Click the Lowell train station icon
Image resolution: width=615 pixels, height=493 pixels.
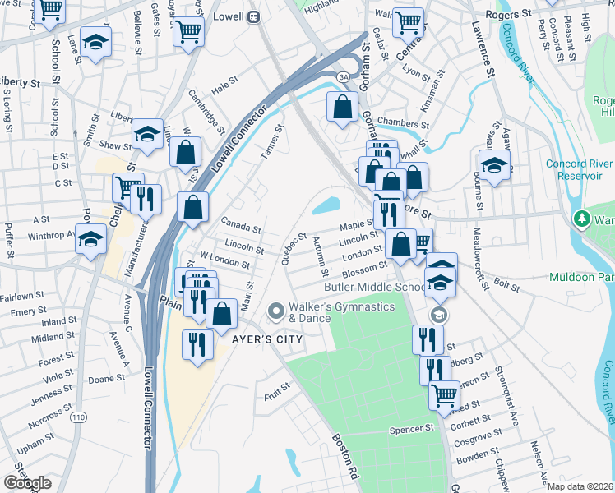(254, 16)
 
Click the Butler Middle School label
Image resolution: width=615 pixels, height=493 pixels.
(374, 287)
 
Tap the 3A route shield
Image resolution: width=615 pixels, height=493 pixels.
(342, 76)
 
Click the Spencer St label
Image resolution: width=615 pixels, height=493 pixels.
(411, 429)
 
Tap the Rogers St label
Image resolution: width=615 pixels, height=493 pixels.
(507, 15)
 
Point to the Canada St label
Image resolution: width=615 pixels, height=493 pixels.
(241, 228)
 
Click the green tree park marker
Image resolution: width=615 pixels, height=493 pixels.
(582, 219)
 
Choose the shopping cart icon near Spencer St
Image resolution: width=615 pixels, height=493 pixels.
(445, 394)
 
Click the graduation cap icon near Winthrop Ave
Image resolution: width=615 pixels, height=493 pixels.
(91, 240)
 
